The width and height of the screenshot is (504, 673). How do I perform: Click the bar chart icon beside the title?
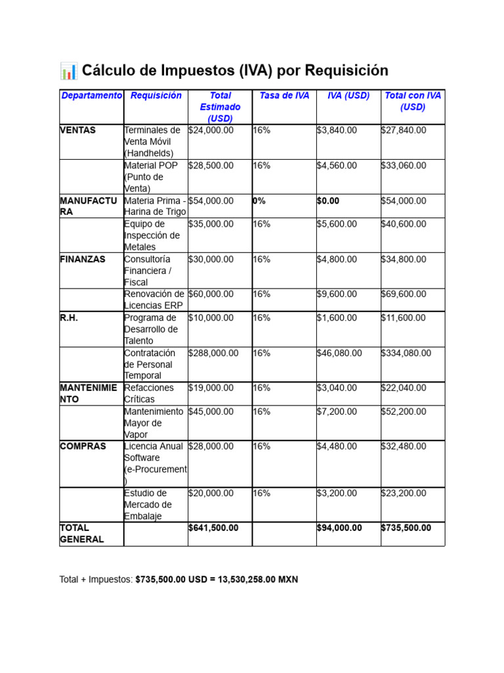click(x=68, y=71)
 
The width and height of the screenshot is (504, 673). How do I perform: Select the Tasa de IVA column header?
click(x=284, y=96)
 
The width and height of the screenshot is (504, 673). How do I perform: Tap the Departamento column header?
click(x=91, y=96)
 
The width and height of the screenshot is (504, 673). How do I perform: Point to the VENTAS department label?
click(x=77, y=130)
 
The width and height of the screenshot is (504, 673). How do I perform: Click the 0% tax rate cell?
click(x=259, y=201)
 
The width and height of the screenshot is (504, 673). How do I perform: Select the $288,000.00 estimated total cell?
click(x=213, y=353)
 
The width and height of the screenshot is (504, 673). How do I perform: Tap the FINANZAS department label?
click(x=82, y=260)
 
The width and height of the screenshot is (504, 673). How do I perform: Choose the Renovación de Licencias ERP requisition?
click(x=154, y=300)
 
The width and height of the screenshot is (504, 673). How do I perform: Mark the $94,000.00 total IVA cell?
click(x=339, y=528)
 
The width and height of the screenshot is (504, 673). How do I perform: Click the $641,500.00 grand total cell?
click(x=213, y=528)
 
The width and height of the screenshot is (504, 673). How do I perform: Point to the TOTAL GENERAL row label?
click(x=82, y=534)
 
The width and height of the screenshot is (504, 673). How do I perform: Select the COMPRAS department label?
click(x=83, y=446)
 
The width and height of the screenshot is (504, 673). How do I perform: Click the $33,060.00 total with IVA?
click(x=404, y=166)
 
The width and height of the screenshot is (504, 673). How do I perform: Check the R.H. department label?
click(x=69, y=318)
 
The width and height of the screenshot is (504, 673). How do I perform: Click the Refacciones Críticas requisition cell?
click(x=149, y=394)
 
